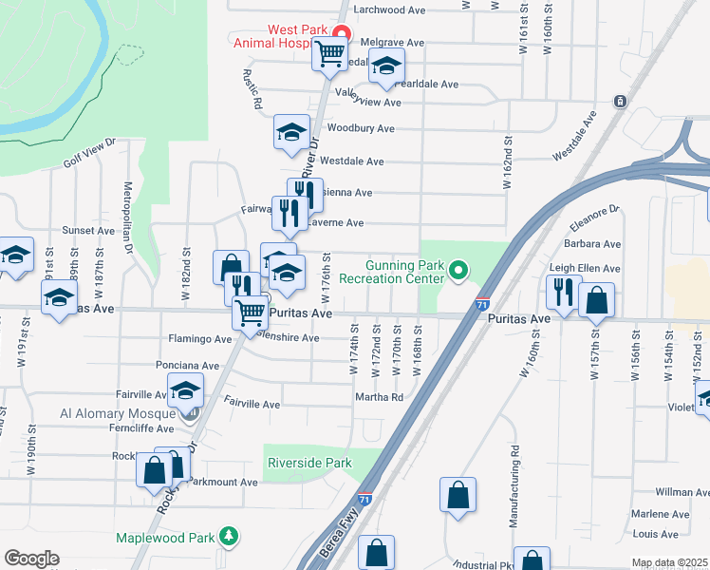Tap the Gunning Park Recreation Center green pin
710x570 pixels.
point(458,272)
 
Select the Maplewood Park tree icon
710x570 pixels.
point(228,537)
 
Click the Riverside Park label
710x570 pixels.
point(310,463)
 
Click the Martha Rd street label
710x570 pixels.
point(381,397)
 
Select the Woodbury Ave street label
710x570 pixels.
point(360,128)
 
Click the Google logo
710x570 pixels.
point(31,559)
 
